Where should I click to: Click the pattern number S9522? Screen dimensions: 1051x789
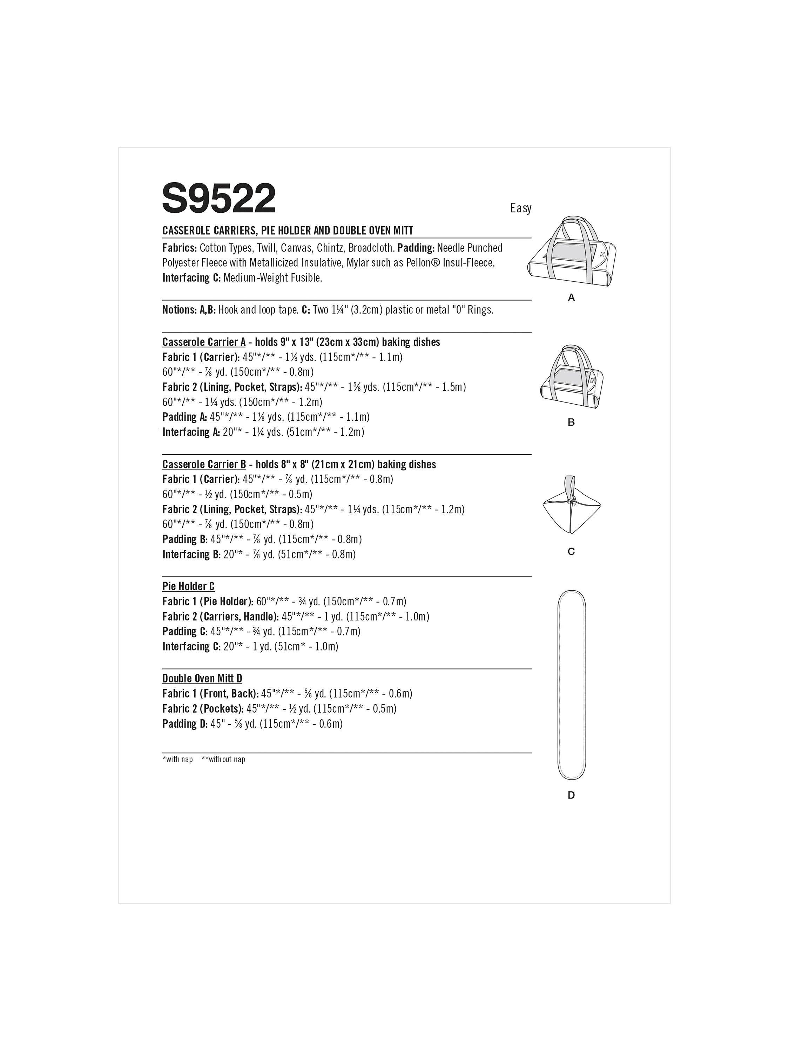pos(218,199)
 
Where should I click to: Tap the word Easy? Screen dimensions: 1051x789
pos(520,208)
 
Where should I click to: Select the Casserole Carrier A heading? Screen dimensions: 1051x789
pos(203,342)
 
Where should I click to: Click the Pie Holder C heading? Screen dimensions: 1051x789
pos(188,586)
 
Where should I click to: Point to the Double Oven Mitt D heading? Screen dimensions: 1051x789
pos(202,679)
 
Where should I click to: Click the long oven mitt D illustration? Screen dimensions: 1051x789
pos(571,685)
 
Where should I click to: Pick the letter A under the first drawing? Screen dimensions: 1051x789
pos(571,298)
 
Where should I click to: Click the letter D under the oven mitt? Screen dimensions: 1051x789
pos(571,795)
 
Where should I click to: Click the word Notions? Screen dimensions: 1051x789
pos(179,310)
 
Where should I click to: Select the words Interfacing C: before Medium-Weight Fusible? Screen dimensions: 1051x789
pos(191,278)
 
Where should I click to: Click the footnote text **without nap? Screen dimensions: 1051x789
pos(223,759)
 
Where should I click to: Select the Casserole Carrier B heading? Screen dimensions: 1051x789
pos(203,464)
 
